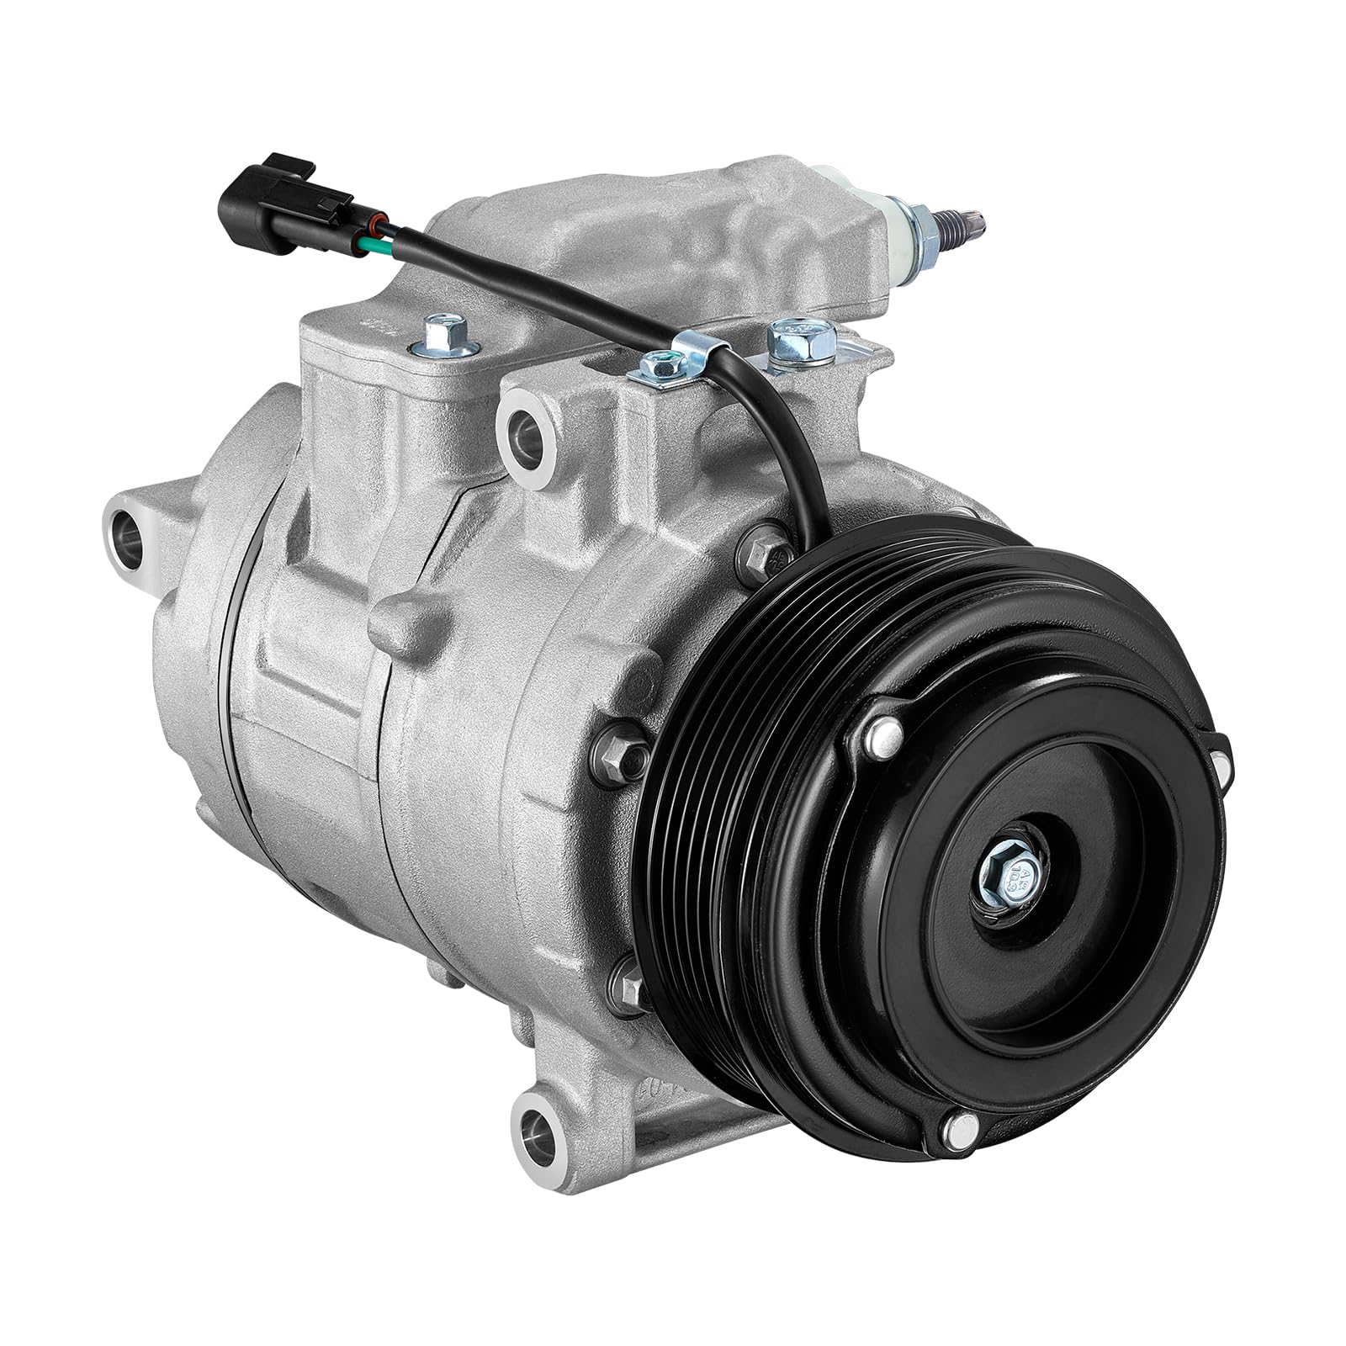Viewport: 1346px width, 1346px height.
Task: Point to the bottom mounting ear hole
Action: pyautogui.click(x=538, y=1124)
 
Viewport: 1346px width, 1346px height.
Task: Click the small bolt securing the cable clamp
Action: pyautogui.click(x=660, y=366)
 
